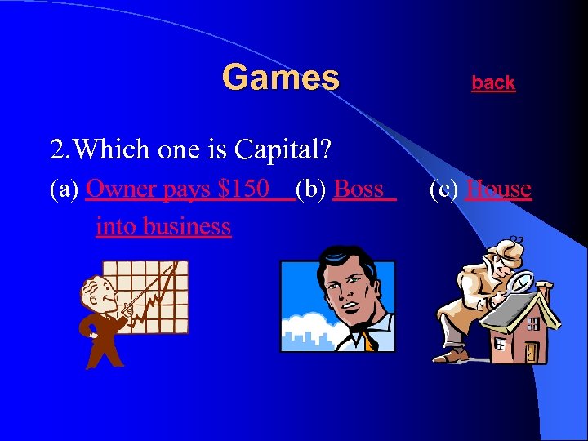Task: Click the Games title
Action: [280, 78]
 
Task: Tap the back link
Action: [493, 82]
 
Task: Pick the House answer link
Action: [498, 189]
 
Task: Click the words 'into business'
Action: [163, 226]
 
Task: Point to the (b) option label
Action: [312, 189]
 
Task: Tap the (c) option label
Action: [445, 189]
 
